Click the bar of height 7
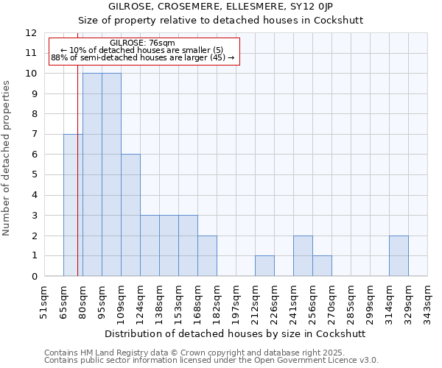tap(73, 205)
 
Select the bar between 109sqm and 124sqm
tap(130, 215)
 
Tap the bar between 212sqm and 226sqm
tap(264, 266)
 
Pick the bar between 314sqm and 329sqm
tap(399, 256)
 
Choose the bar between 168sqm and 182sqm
tap(207, 256)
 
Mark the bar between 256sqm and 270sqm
tap(322, 266)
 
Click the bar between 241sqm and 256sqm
tap(303, 256)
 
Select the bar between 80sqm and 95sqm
tap(92, 174)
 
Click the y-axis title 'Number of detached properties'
tap(7, 158)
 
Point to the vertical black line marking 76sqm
tap(77, 184)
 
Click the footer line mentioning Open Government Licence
tap(211, 361)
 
